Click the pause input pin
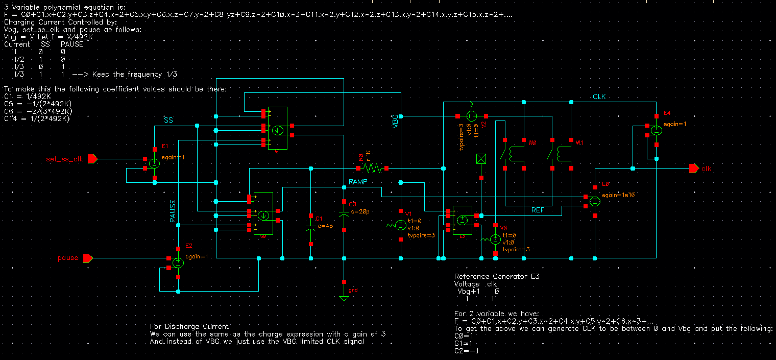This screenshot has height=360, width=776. pos(88,258)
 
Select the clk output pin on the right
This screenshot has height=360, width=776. pos(693,169)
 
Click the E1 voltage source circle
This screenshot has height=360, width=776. pos(154,163)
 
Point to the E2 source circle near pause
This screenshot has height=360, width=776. pos(178,262)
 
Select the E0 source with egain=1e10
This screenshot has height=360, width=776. pos(595,201)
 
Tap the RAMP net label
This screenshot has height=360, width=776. pos(358,182)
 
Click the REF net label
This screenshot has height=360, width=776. pos(538,210)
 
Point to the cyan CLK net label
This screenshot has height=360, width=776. pos(599,97)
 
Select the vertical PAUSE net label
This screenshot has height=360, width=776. pos(173,211)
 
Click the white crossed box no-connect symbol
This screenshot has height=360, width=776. pos(481,158)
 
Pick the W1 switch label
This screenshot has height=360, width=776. pos(579,143)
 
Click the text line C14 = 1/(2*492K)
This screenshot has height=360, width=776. pos(37,118)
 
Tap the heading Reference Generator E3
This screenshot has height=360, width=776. pos(496,276)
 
